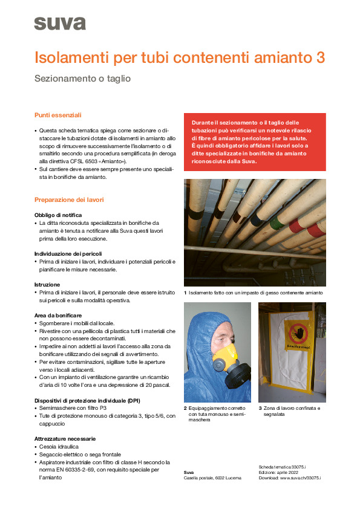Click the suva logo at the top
[x=59, y=23]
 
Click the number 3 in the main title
[x=320, y=58]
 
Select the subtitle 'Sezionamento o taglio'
[x=82, y=79]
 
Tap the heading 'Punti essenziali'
[x=57, y=115]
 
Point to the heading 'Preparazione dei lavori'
[x=69, y=199]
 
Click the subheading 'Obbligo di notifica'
[x=58, y=215]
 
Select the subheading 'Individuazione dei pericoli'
[x=68, y=253]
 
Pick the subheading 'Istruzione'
[x=47, y=284]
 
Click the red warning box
[x=255, y=142]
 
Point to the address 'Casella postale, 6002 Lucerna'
[x=212, y=478]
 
